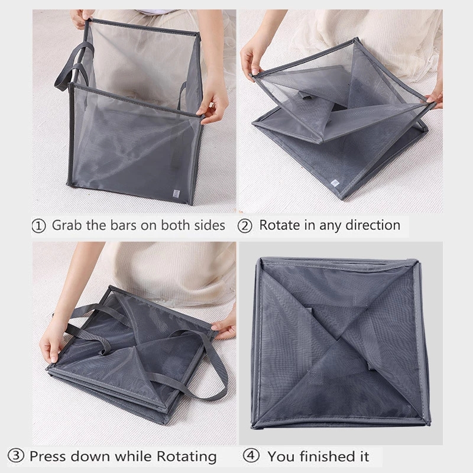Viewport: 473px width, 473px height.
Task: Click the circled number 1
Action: [x=38, y=226]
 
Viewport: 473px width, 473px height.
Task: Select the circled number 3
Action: [x=18, y=456]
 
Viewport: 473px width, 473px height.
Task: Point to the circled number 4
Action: [x=251, y=457]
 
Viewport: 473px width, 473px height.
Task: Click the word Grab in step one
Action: [x=67, y=225]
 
